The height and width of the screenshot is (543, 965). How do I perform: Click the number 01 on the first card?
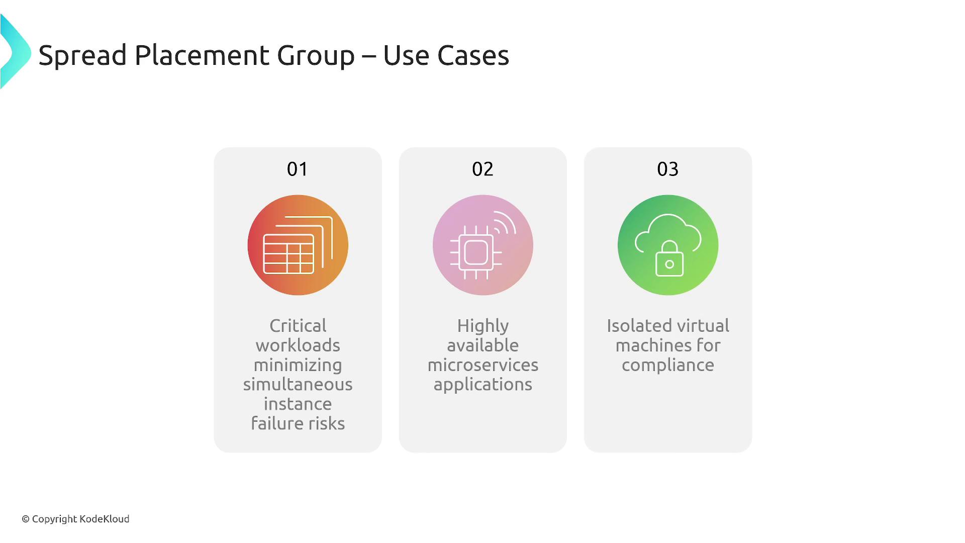(297, 169)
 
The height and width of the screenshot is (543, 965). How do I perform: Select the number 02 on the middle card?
(482, 169)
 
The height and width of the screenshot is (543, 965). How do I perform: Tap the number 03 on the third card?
(667, 169)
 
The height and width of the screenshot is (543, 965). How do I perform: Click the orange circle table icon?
(298, 245)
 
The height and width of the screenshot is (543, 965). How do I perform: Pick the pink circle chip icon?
(483, 245)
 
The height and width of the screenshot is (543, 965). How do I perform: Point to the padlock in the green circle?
(669, 258)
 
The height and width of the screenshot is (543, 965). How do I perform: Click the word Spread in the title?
(82, 55)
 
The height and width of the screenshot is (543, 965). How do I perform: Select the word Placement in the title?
(203, 55)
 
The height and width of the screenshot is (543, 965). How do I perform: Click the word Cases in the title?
(473, 55)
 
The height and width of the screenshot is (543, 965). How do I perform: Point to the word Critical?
(298, 325)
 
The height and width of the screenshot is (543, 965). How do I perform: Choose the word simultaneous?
(298, 384)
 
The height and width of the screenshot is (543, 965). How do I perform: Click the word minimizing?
(298, 366)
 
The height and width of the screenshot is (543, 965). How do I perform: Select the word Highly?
(483, 326)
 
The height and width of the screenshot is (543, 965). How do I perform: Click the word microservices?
(483, 365)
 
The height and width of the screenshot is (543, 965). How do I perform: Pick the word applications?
(483, 385)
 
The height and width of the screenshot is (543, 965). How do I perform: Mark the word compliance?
(668, 366)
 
